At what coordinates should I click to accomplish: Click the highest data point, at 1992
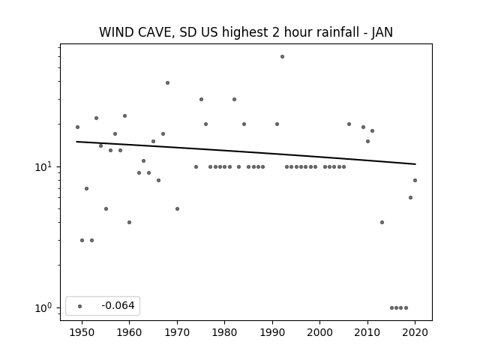click(x=282, y=57)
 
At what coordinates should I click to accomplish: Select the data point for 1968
click(x=167, y=83)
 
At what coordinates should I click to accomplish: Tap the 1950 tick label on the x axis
click(x=82, y=332)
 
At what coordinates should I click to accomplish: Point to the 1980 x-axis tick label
click(x=224, y=332)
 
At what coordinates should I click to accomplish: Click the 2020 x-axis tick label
click(x=415, y=332)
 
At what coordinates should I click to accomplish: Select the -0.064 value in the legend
click(x=118, y=305)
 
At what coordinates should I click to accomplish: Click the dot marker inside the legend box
click(x=80, y=306)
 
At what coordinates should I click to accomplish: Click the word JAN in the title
click(x=382, y=32)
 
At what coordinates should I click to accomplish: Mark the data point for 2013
click(x=382, y=222)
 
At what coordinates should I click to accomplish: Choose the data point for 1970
click(x=177, y=208)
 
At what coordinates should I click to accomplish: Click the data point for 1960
click(x=129, y=222)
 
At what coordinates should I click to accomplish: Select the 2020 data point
click(x=415, y=180)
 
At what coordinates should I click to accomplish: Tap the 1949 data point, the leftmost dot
click(x=77, y=127)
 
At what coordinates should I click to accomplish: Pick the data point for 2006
click(x=349, y=124)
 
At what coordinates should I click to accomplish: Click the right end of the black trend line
click(x=415, y=164)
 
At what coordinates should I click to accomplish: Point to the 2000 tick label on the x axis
click(x=319, y=332)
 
